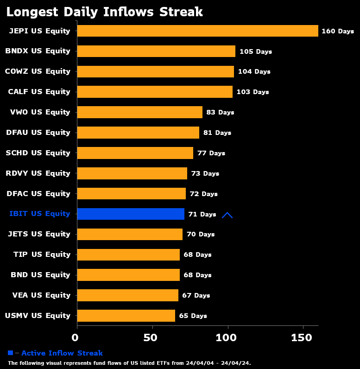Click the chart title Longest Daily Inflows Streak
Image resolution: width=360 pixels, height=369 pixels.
[x=105, y=12]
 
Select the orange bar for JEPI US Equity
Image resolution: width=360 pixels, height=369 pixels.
[x=197, y=31]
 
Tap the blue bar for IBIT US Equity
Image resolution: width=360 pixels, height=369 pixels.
[x=131, y=214]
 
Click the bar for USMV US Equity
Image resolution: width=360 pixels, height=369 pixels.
[x=126, y=316]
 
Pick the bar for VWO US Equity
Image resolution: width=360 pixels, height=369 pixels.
[x=139, y=112]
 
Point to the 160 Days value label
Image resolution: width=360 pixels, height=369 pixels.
[x=337, y=31]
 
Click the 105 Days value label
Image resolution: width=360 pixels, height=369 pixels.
[x=255, y=51]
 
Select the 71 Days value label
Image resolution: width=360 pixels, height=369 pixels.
[x=202, y=214]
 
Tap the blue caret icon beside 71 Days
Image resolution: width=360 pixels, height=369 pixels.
[x=227, y=215]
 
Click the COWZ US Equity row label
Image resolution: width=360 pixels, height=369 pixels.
[x=38, y=71]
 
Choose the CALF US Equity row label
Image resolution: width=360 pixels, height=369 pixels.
[x=39, y=92]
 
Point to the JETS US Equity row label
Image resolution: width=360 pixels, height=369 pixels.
[x=39, y=234]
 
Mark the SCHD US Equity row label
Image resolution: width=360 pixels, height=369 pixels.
[x=38, y=153]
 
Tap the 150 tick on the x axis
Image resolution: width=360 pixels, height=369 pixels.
[x=303, y=337]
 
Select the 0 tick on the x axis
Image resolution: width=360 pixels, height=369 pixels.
[x=77, y=337]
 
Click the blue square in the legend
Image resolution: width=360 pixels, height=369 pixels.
[x=11, y=353]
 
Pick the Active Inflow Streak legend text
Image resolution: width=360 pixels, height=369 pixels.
[x=62, y=353]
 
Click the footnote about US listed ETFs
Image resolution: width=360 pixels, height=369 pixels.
[x=129, y=363]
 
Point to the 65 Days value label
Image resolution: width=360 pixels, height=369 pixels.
[x=193, y=316]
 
